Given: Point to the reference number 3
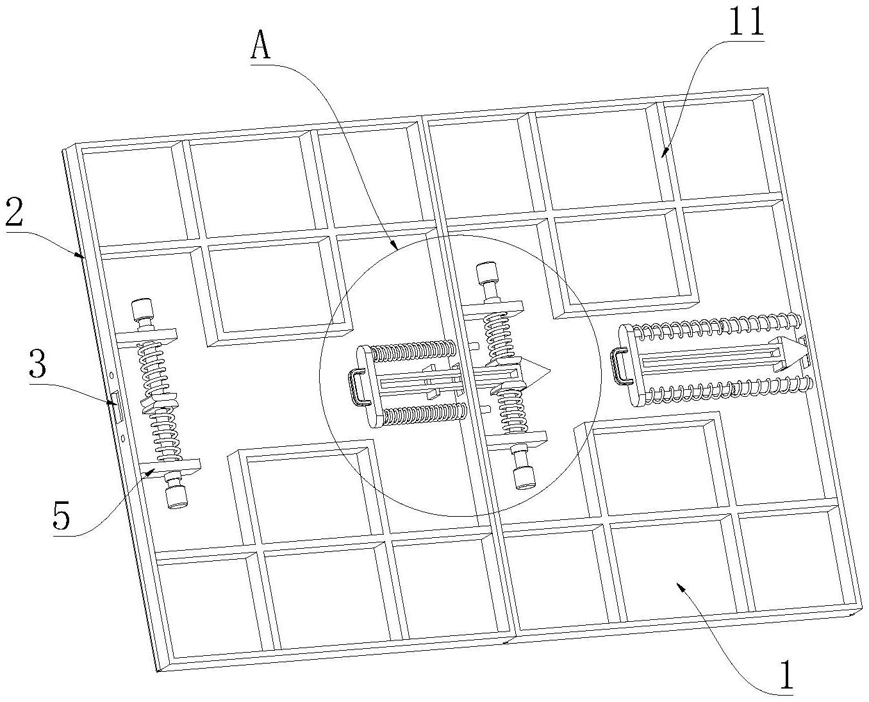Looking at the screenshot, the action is pyautogui.click(x=38, y=365).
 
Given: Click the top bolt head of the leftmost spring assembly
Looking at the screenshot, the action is pyautogui.click(x=142, y=310).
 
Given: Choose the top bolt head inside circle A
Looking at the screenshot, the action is pyautogui.click(x=488, y=274).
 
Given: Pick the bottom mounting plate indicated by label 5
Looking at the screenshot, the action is pyautogui.click(x=170, y=468).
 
